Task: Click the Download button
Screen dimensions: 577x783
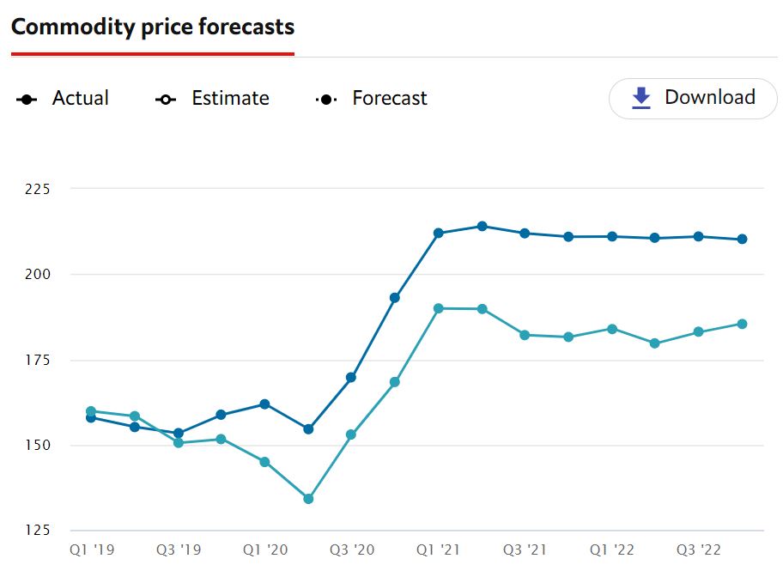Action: [x=694, y=98]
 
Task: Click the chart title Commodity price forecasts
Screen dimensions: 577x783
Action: [x=153, y=27]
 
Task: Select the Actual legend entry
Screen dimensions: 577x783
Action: [x=64, y=99]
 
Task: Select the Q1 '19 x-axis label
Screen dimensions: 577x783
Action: [x=91, y=550]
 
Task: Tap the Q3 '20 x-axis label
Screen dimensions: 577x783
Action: [x=352, y=550]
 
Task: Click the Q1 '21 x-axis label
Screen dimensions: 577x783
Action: [x=439, y=550]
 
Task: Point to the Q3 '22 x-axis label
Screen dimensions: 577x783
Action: [x=699, y=550]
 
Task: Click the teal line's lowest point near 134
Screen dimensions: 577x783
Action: [x=308, y=499]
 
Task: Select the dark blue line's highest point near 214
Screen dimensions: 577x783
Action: [x=482, y=227]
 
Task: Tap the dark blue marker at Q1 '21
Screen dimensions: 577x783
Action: [x=439, y=234]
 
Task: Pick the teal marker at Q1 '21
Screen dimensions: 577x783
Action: [x=439, y=308]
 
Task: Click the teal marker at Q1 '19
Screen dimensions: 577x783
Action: [x=91, y=411]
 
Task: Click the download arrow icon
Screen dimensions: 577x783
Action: [x=641, y=99]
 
